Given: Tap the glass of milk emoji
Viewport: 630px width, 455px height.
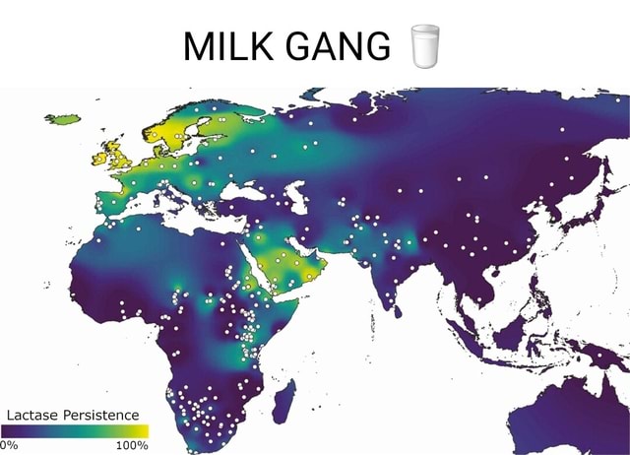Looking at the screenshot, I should [423, 45].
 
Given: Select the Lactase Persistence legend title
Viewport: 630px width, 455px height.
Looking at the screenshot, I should [74, 415].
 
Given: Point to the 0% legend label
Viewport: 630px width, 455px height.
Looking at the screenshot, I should [8, 444].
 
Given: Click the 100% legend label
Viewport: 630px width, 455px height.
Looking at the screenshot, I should [131, 444].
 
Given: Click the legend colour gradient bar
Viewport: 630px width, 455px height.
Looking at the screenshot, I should [74, 430].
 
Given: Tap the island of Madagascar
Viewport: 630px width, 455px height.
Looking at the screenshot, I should [284, 399].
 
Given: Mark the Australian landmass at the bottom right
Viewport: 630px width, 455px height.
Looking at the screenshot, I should [581, 419].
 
